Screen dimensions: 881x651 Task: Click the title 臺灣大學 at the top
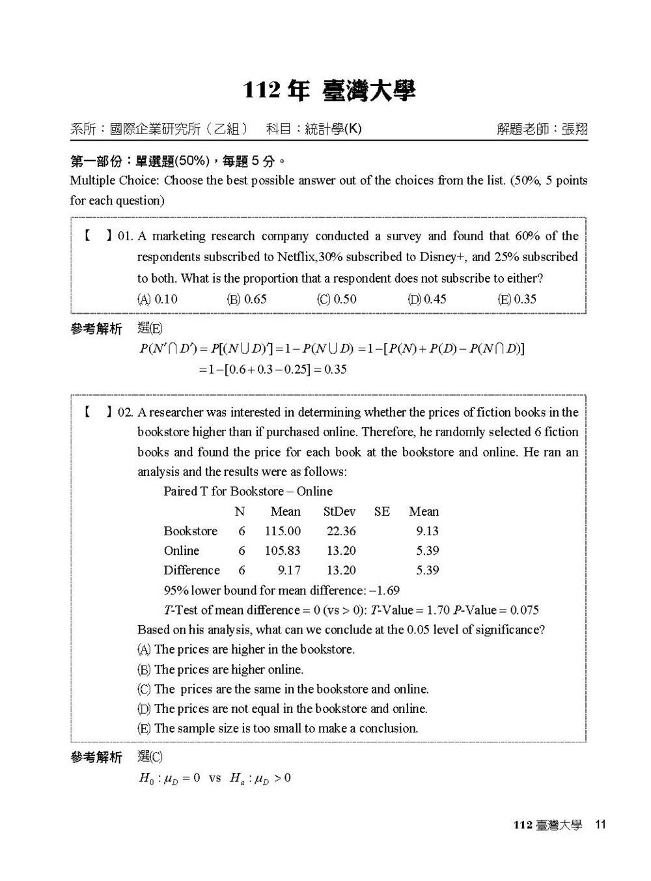coord(368,91)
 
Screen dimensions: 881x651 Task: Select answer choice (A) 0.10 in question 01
coord(157,300)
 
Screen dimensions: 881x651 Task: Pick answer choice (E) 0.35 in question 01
coord(516,300)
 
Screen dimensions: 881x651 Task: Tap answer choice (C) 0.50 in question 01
coord(337,300)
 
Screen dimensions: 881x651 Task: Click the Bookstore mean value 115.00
coord(283,531)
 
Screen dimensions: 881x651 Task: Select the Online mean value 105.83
coord(283,551)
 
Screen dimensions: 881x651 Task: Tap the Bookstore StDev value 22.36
coord(341,531)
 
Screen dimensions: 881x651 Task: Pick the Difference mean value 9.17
coord(289,570)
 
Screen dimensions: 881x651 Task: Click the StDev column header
coord(339,512)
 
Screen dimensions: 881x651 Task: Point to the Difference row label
coord(191,570)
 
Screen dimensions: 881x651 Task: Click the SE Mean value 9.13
coord(428,531)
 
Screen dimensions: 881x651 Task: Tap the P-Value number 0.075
coord(524,610)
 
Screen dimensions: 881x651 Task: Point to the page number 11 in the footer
coord(600,824)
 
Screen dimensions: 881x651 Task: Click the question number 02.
coord(125,412)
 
